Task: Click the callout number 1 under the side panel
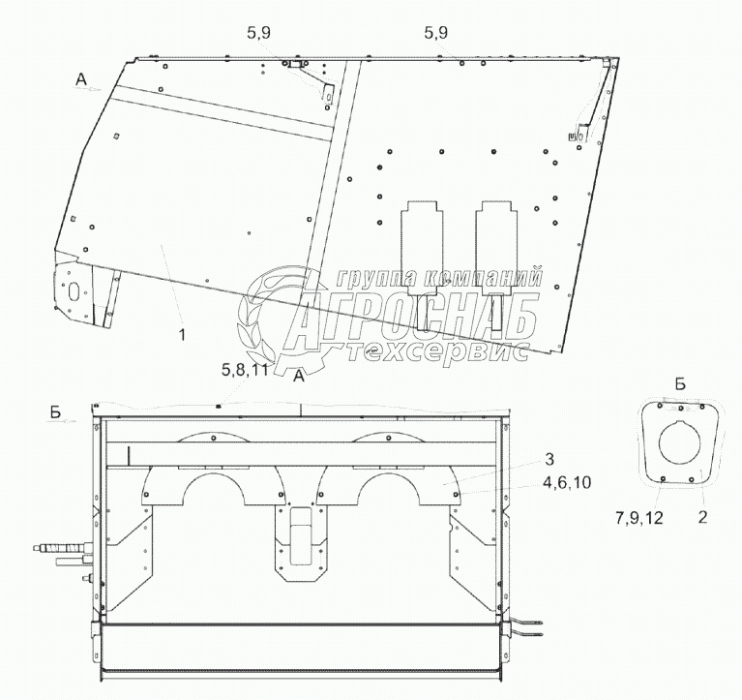click(182, 335)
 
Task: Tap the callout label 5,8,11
click(245, 370)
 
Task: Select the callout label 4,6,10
click(568, 482)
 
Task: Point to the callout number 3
click(549, 459)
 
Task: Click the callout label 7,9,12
click(639, 519)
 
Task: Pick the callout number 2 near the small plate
click(702, 517)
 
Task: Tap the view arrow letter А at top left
click(82, 80)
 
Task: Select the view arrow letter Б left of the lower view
click(56, 412)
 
